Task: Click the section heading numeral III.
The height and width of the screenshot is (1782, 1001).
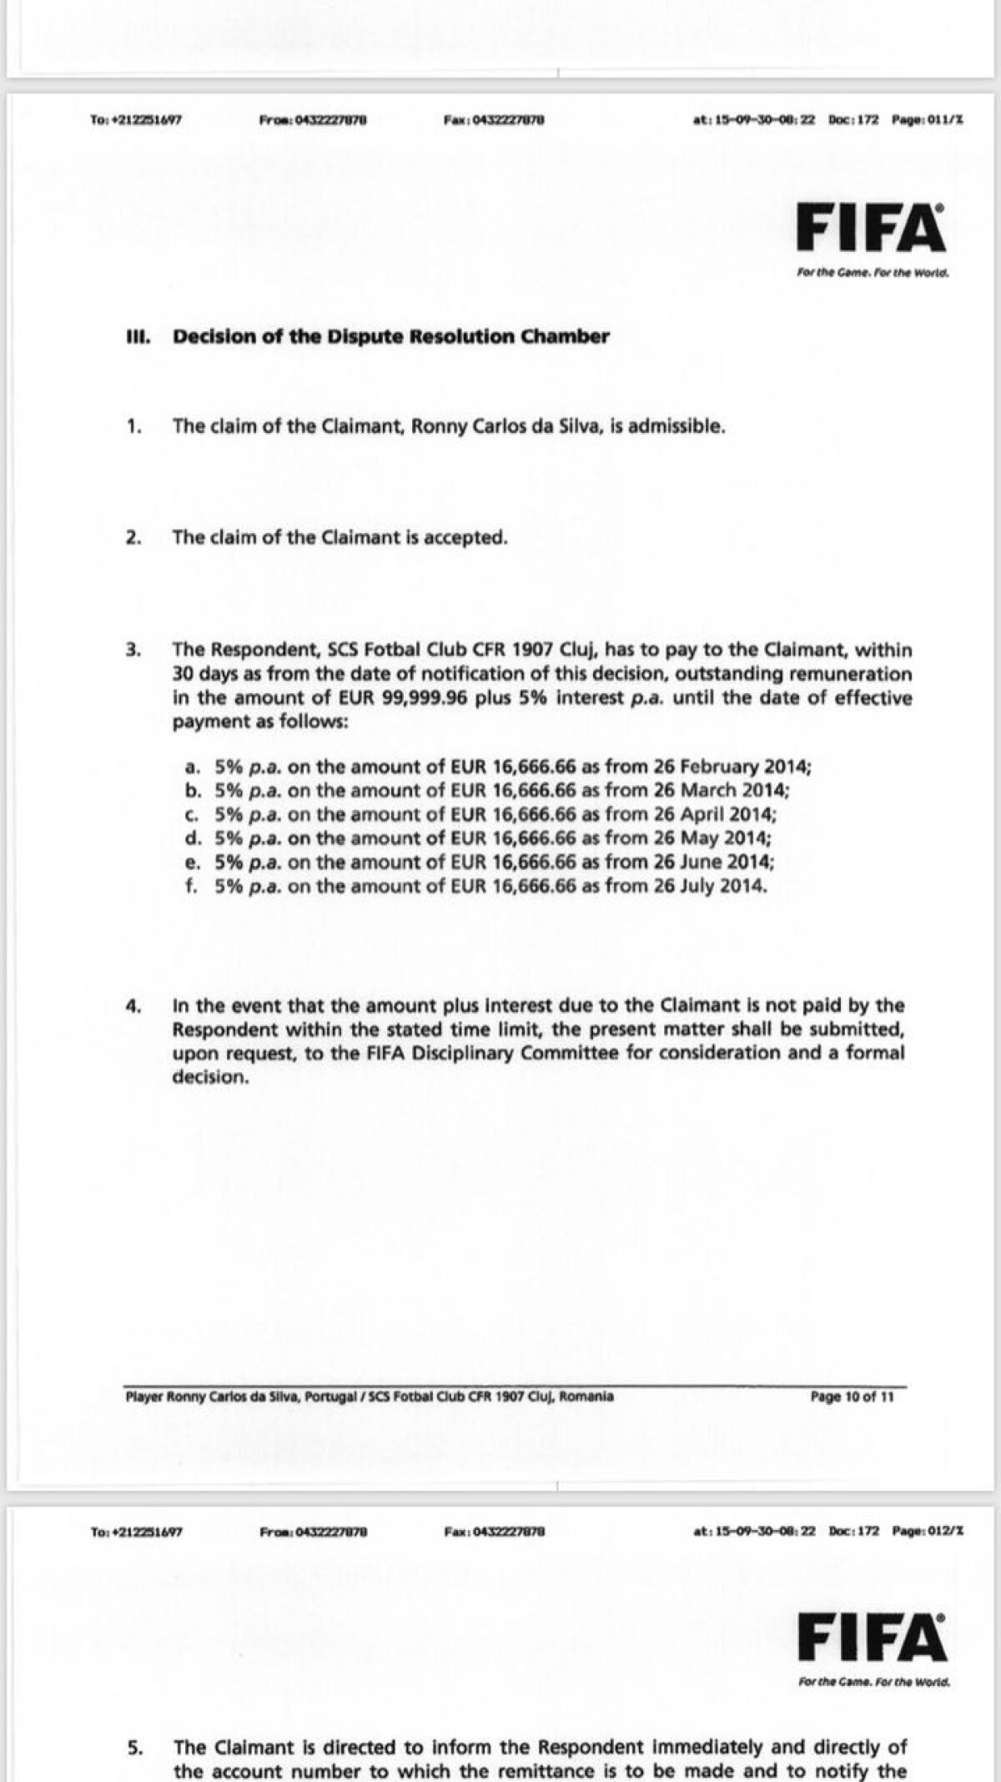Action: (x=136, y=336)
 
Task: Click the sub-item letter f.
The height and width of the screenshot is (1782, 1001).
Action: (x=191, y=886)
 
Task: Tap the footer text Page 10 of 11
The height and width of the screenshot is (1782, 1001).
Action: (x=852, y=1397)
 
